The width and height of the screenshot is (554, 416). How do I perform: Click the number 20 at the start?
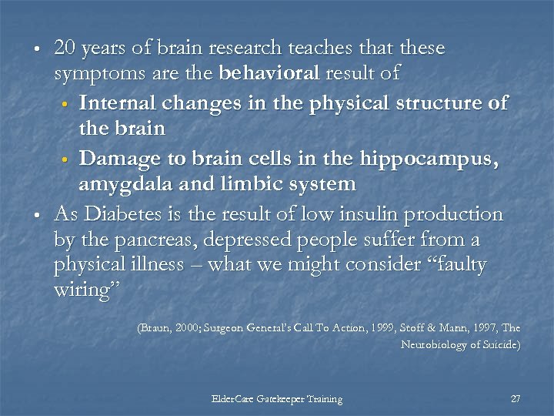click(x=65, y=48)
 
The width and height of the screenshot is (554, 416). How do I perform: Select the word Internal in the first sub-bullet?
click(x=116, y=103)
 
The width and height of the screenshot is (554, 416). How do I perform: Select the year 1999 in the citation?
click(x=390, y=328)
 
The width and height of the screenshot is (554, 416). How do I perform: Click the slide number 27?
click(x=516, y=399)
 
